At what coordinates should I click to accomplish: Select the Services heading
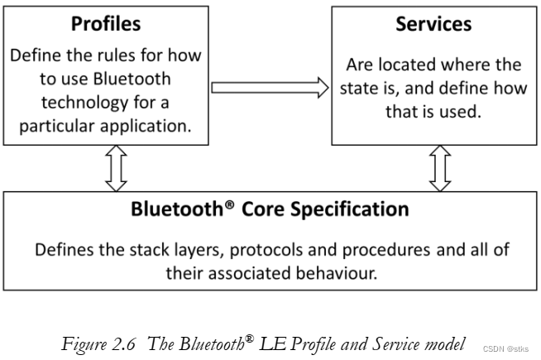tap(433, 25)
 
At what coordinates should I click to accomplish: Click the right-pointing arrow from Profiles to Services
tap(270, 86)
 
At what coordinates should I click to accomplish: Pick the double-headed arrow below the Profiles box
tap(116, 168)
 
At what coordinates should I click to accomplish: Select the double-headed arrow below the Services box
tap(438, 168)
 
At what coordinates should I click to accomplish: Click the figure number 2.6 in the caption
tap(121, 344)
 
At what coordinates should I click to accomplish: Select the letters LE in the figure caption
tap(272, 344)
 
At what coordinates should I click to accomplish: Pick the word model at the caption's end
tap(447, 344)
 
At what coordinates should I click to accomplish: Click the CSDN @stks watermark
tap(505, 350)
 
